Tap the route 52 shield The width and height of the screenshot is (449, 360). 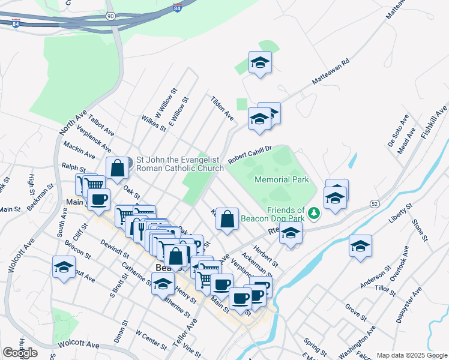click(x=373, y=205)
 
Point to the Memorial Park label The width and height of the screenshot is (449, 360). click(x=282, y=179)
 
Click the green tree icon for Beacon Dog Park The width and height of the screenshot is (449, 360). click(x=313, y=212)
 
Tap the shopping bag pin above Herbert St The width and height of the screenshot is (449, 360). click(x=227, y=220)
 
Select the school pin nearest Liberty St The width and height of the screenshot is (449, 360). click(x=360, y=246)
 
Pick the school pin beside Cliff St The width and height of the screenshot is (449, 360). click(x=64, y=268)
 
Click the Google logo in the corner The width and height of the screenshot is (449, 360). click(x=20, y=352)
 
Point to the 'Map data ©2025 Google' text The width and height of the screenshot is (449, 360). click(x=411, y=355)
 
